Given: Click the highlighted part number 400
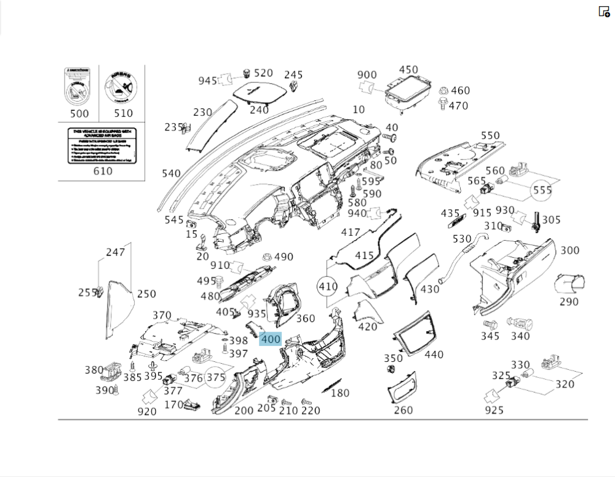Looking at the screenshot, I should pyautogui.click(x=271, y=339).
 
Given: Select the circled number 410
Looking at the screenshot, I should pyautogui.click(x=328, y=287).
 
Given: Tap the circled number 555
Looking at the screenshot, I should pyautogui.click(x=542, y=190).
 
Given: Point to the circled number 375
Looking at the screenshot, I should pyautogui.click(x=215, y=377).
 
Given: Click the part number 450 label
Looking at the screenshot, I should pyautogui.click(x=408, y=70).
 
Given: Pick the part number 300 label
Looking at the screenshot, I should pyautogui.click(x=569, y=251).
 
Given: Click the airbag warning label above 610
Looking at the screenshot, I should pyautogui.click(x=102, y=145).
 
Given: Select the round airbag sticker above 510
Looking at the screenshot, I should pyautogui.click(x=123, y=87).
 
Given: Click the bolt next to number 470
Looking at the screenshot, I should pyautogui.click(x=442, y=105).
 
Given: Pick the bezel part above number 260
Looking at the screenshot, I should pyautogui.click(x=403, y=386).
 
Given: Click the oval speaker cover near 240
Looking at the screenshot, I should pyautogui.click(x=258, y=92).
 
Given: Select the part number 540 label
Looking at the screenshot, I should pyautogui.click(x=171, y=174).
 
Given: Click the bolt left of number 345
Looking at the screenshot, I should pyautogui.click(x=490, y=323).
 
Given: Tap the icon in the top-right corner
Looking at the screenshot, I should pyautogui.click(x=604, y=11).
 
